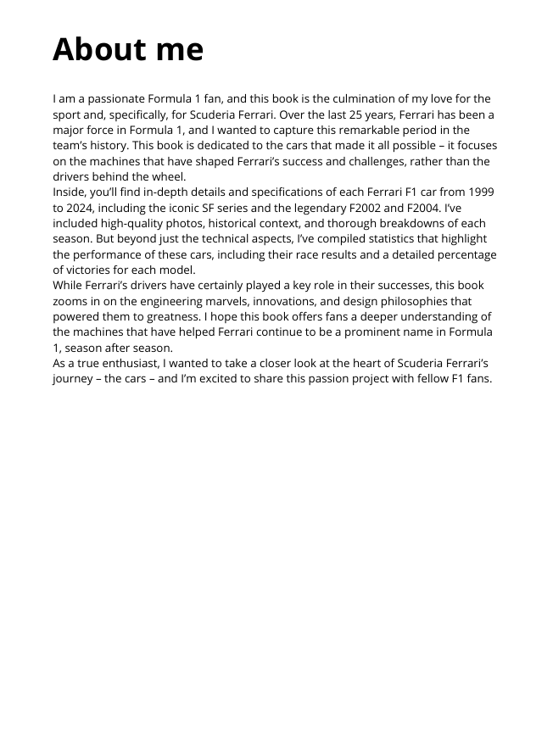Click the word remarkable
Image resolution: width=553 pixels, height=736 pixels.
tap(362, 130)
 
